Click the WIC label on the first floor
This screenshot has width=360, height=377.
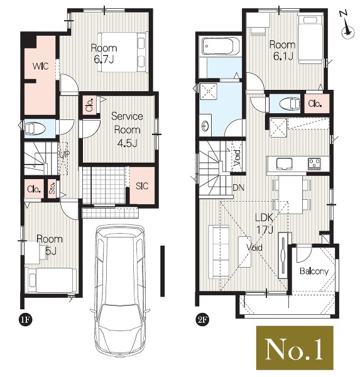[x=41, y=66]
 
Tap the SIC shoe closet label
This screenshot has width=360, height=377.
[x=142, y=186]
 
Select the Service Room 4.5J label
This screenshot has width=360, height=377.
[x=127, y=130]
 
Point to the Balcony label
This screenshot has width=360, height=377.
[x=314, y=271]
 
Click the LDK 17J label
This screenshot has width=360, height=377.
[x=264, y=224]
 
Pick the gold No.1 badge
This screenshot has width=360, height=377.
[x=295, y=347]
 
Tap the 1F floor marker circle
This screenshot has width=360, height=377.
[x=25, y=320]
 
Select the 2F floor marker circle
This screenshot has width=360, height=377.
[x=202, y=320]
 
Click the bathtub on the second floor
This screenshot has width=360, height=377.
[x=221, y=46]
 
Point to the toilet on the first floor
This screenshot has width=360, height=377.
[x=35, y=128]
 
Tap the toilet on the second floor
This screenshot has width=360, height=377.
[x=290, y=104]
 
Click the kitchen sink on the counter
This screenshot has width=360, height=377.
[x=284, y=164]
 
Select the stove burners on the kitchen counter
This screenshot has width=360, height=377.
[x=315, y=163]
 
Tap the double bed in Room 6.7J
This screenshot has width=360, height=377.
[x=122, y=52]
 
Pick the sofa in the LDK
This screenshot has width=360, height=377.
[x=219, y=252]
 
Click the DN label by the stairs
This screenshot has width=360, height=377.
[x=239, y=187]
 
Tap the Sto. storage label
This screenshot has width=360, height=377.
[x=52, y=188]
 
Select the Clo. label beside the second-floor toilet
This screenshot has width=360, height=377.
[x=315, y=104]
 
